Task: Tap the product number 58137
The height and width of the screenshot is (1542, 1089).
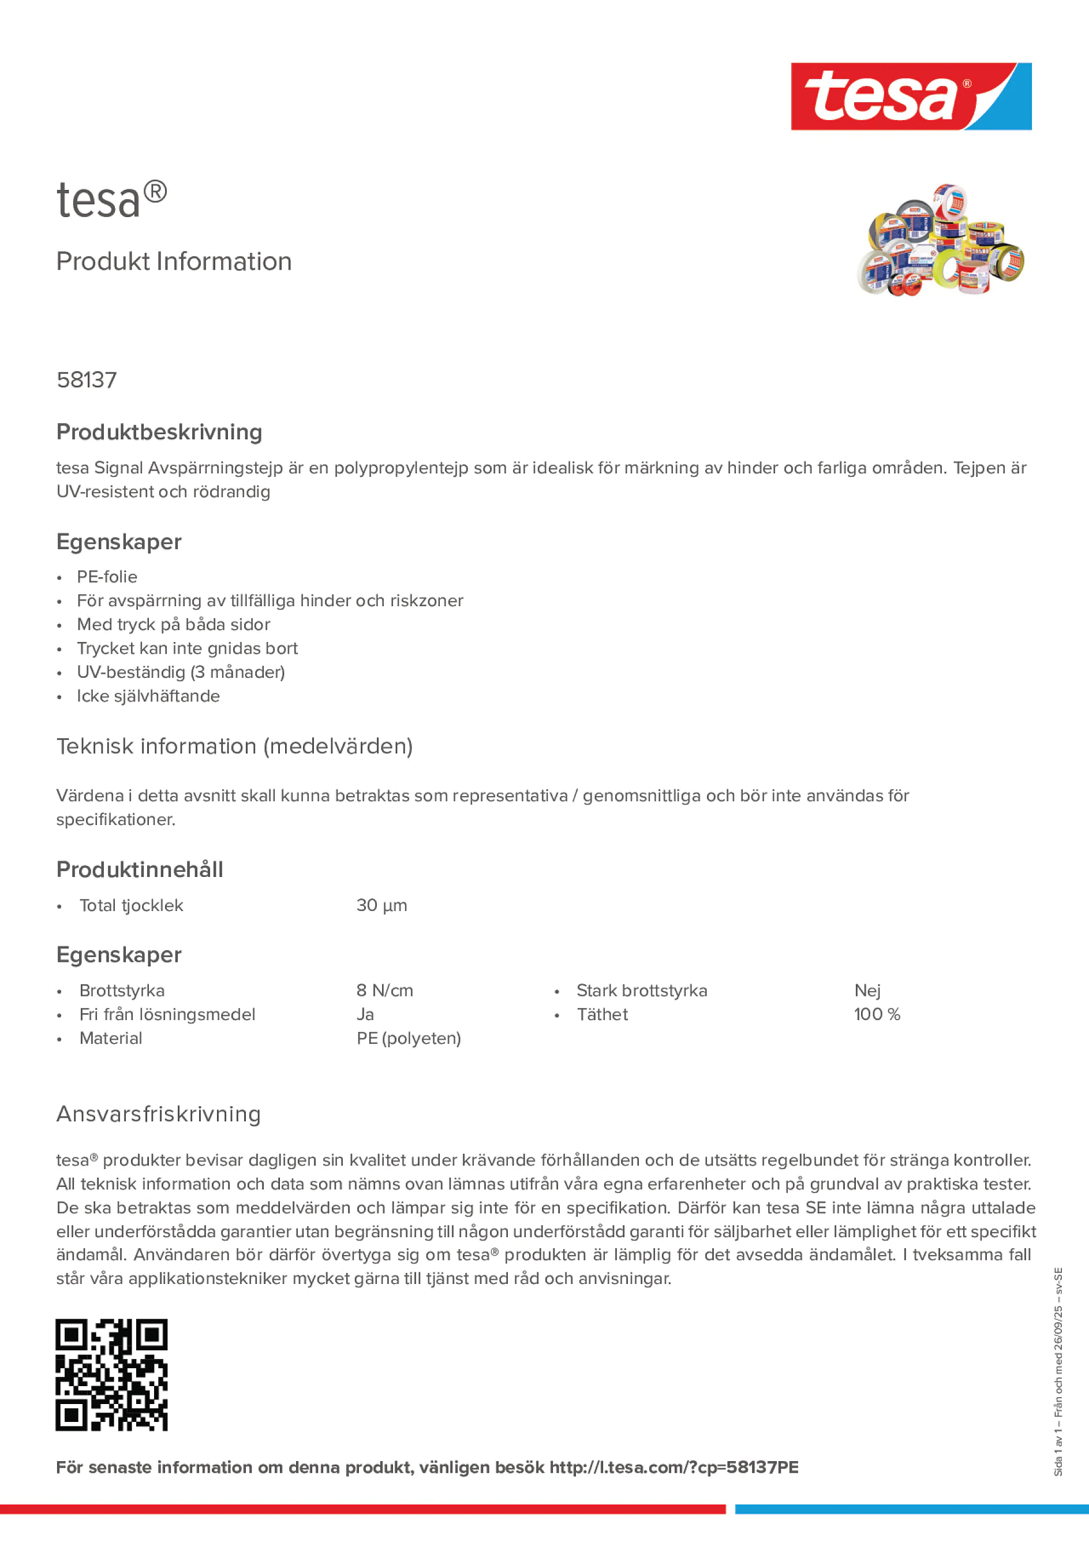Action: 87,380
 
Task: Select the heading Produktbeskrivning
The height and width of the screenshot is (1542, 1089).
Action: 159,432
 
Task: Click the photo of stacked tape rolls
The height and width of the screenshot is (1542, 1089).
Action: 940,240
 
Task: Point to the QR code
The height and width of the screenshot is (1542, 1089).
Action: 111,1375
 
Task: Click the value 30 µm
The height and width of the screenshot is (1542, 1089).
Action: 381,905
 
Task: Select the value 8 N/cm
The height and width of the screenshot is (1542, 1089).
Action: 385,991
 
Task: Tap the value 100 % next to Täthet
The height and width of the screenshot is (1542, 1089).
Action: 877,1014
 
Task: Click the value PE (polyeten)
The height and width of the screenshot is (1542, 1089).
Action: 408,1039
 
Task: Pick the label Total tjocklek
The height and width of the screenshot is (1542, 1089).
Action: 131,905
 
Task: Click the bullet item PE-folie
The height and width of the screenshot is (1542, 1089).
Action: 107,577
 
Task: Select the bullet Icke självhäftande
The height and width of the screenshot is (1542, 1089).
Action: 148,696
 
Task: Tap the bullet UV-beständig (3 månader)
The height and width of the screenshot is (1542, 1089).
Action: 181,672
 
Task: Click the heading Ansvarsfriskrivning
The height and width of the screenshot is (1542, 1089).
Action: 159,1114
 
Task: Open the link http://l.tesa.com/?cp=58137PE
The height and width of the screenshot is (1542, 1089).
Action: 674,1468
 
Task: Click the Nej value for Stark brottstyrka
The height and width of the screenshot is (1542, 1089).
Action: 867,991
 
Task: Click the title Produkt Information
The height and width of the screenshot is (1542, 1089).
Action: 174,262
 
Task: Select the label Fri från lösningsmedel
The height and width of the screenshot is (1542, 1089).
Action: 167,1014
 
